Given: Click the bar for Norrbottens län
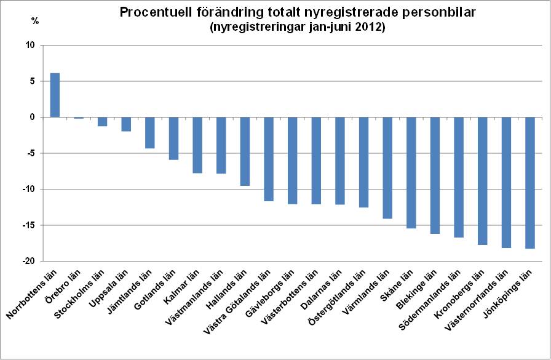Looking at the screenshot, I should point(55,95).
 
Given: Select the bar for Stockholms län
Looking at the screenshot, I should point(102,121).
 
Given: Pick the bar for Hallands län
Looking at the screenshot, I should point(245,151).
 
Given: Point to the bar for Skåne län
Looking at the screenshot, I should point(411,172).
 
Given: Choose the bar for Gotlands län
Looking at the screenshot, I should point(173,138).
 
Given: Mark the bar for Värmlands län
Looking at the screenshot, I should point(387,168).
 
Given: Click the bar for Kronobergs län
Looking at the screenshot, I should point(483,181).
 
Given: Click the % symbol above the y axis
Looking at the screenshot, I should point(35,21).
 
